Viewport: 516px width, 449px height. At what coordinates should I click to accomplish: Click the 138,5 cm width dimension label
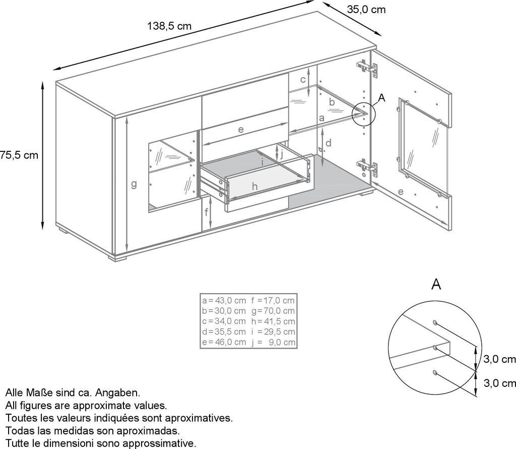(169, 26)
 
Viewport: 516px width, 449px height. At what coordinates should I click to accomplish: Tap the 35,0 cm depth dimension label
(366, 10)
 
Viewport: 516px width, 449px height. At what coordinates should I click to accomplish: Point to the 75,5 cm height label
(19, 155)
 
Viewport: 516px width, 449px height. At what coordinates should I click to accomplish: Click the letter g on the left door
(134, 184)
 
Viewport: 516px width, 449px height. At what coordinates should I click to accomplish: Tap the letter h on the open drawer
(254, 187)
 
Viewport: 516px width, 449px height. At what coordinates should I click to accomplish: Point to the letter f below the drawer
(206, 212)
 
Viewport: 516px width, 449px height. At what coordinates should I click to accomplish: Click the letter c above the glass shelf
(303, 79)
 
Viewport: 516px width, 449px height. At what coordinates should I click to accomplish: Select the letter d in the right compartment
(329, 143)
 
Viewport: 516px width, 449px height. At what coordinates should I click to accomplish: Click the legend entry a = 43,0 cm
(224, 301)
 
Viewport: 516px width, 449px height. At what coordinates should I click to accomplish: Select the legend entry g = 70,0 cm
(273, 311)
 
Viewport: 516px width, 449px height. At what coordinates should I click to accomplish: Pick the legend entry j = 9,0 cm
(273, 342)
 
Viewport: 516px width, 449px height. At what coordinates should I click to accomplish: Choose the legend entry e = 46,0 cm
(224, 342)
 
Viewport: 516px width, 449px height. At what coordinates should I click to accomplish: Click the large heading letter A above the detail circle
(436, 284)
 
